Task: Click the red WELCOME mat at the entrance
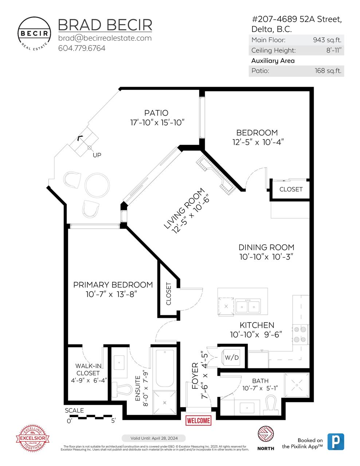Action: (x=198, y=420)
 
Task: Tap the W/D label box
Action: (x=231, y=358)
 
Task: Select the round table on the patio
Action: (x=97, y=185)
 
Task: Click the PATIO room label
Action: (x=156, y=113)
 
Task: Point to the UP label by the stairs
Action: (x=97, y=155)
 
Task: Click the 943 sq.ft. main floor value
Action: (x=327, y=40)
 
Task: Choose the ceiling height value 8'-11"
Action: (x=333, y=51)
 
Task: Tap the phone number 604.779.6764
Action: (x=82, y=48)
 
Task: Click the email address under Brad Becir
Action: (x=105, y=38)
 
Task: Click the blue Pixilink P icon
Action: (x=335, y=442)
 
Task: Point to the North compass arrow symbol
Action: (x=266, y=435)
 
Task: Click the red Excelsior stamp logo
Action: (x=32, y=438)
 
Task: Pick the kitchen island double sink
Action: (x=248, y=306)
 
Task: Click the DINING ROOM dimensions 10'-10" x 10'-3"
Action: (x=266, y=257)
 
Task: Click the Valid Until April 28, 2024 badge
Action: (x=153, y=438)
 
